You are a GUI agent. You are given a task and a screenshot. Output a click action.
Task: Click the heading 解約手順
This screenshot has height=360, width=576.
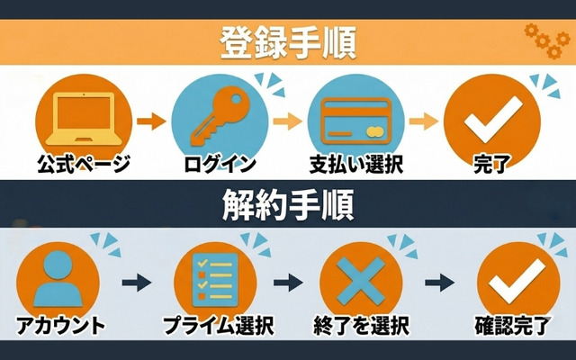tap(288, 205)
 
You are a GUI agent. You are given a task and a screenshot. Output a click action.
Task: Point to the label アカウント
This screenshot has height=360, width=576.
tap(59, 326)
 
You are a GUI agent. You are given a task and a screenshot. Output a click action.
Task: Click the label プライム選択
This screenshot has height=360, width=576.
tap(218, 326)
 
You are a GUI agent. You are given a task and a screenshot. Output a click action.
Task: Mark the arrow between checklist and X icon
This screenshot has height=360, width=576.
tap(287, 283)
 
